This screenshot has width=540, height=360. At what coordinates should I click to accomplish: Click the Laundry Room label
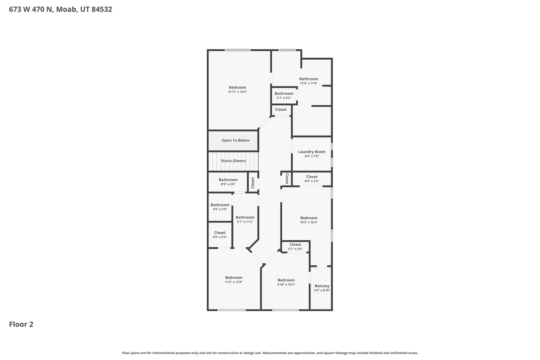pos(312,152)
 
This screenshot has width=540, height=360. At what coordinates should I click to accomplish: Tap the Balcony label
pos(322,286)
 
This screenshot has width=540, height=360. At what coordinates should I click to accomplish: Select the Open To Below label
pos(236,140)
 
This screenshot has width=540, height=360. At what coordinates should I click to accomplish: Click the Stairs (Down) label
pos(233,161)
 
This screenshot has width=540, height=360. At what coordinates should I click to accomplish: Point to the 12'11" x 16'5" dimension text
pos(237,92)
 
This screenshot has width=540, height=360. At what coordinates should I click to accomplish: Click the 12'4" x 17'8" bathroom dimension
pos(309,83)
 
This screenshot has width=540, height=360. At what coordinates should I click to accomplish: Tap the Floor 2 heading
pos(21,324)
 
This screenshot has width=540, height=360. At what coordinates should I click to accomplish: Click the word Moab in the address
pos(66,9)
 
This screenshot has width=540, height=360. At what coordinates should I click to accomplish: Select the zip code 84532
pos(102,9)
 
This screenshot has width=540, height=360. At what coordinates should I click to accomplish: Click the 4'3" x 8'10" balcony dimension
pos(322,290)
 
